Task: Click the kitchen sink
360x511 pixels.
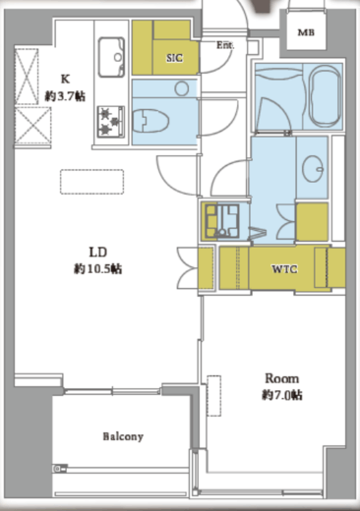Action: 111,57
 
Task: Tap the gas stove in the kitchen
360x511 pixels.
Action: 111,122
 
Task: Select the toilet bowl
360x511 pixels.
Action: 150,121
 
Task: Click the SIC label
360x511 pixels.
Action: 174,58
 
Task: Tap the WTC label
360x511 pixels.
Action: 284,269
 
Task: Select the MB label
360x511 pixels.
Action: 306,32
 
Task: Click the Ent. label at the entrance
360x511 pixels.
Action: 225,45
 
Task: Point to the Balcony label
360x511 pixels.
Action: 123,436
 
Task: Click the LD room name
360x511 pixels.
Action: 98,253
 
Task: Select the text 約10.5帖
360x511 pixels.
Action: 97,269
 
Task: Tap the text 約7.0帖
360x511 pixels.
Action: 282,395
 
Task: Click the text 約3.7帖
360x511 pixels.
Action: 65,96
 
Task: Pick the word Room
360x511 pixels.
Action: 282,378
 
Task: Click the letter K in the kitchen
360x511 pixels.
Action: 65,80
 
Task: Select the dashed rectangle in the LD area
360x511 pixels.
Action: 91,182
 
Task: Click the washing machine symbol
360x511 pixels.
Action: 222,221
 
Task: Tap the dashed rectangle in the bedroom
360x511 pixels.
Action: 213,396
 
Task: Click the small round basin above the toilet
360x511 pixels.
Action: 182,88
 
